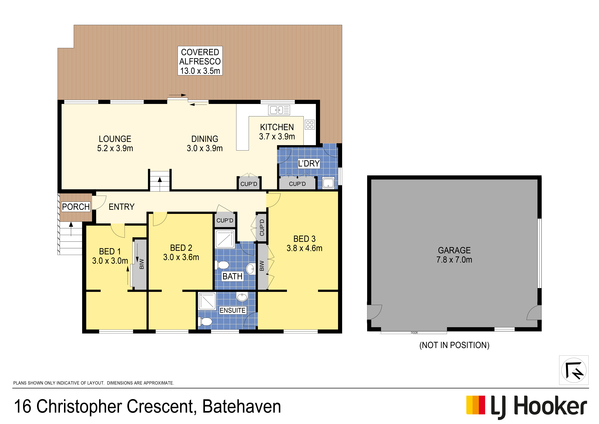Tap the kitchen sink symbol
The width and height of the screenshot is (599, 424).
(279, 110)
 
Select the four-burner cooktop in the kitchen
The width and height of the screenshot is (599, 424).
(310, 125)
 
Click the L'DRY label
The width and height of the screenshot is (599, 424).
(309, 163)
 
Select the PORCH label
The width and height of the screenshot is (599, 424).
(76, 207)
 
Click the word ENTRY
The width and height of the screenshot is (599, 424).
(122, 207)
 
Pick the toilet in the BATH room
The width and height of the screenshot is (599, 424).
(222, 265)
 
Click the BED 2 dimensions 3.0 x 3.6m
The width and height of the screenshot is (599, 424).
(181, 257)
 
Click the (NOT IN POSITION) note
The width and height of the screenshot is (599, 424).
(454, 345)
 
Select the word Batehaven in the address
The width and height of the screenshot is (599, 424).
(242, 406)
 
